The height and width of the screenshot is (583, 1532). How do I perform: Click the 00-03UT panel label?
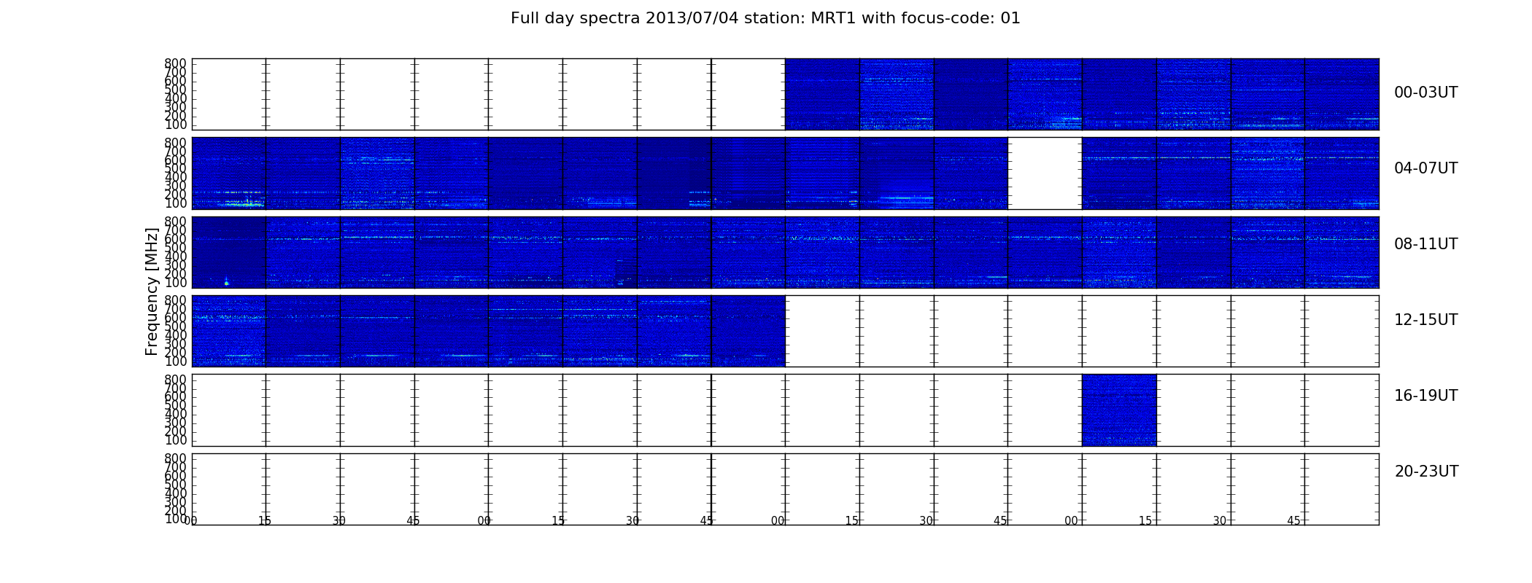point(1425,93)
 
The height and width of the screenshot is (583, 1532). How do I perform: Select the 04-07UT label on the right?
point(1425,168)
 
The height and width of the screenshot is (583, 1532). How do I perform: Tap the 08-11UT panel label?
point(1425,244)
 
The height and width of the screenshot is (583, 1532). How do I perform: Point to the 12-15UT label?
point(1425,320)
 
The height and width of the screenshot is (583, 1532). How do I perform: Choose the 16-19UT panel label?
point(1425,396)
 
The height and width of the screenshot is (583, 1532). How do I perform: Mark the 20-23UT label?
point(1426,472)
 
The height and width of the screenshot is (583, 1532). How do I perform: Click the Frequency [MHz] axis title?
point(152,291)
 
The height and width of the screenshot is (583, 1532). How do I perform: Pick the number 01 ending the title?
point(1010,18)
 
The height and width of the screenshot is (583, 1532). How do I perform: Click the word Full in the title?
point(525,18)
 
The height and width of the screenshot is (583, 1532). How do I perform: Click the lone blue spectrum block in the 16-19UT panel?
point(1119,410)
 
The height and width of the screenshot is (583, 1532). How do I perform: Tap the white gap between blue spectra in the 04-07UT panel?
point(1045,173)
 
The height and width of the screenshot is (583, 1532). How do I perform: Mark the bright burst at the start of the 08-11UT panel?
point(226,281)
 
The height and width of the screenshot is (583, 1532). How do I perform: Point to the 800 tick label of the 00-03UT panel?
point(175,63)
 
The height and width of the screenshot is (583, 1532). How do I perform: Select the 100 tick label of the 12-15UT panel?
point(175,361)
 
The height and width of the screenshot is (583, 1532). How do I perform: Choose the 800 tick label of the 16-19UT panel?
point(175,379)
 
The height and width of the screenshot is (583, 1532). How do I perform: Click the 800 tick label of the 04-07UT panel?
point(175,142)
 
